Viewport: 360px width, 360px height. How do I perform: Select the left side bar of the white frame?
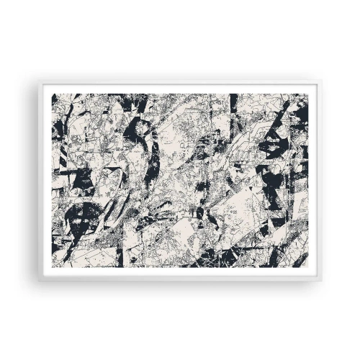tap(45, 180)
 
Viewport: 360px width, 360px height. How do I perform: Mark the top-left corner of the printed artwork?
tap(51, 94)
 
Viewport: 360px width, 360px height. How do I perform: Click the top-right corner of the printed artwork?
tap(308, 94)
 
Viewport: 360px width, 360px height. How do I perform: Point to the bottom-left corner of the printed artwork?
tap(51, 266)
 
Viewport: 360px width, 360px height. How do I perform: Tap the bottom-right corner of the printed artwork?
tap(308, 266)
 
